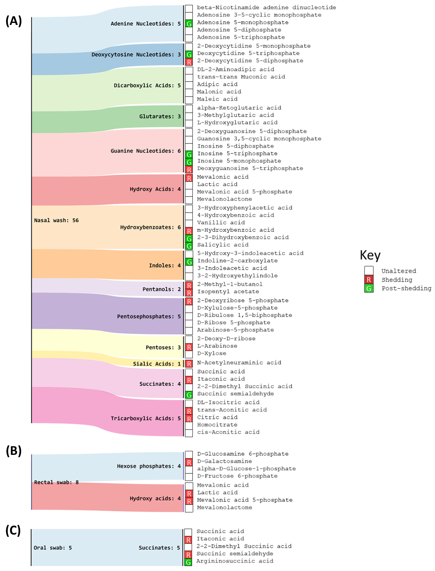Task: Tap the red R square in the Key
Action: click(x=369, y=280)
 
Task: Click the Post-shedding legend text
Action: click(x=406, y=288)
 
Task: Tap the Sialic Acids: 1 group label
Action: click(x=157, y=364)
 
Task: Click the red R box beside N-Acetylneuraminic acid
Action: click(x=189, y=364)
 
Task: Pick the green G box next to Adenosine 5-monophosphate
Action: click(x=189, y=24)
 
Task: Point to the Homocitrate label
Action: click(x=217, y=425)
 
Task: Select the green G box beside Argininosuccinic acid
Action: click(x=188, y=562)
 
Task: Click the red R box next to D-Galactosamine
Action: click(x=189, y=462)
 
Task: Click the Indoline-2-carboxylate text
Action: click(x=237, y=260)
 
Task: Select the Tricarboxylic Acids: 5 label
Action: click(x=146, y=418)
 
